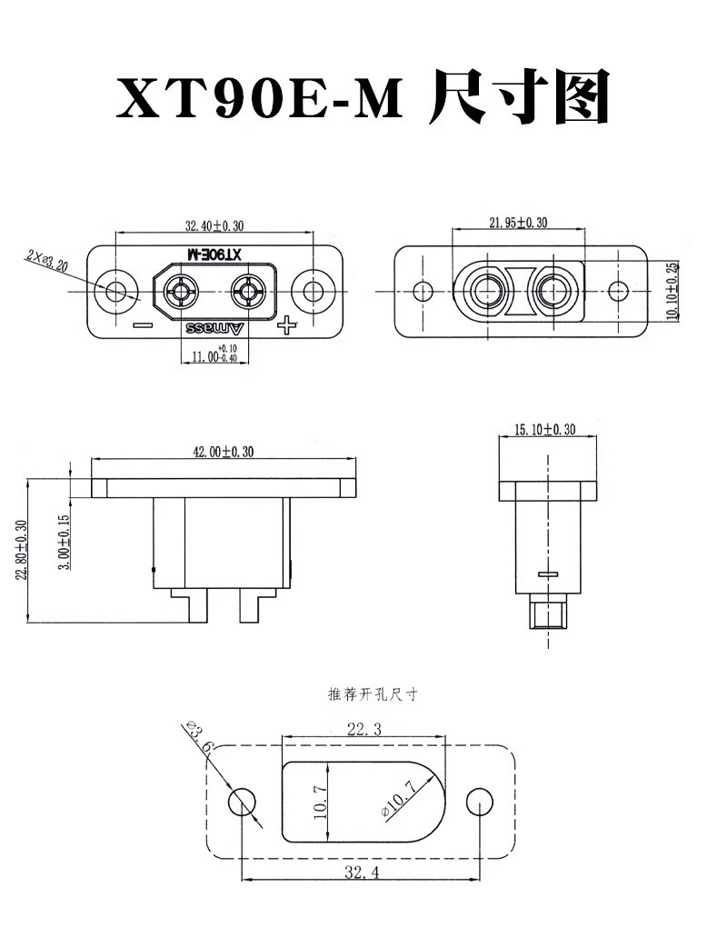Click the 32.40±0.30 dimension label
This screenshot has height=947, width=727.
(214, 226)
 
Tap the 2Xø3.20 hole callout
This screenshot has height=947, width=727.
(46, 260)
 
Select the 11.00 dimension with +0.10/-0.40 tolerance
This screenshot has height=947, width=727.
(214, 354)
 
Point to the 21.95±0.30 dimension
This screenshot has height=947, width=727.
(518, 223)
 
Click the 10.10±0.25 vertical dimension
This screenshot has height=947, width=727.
(671, 291)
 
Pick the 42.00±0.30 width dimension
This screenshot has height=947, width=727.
(224, 452)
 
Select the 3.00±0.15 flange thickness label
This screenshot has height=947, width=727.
(65, 542)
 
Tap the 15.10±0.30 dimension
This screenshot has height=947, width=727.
(544, 429)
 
